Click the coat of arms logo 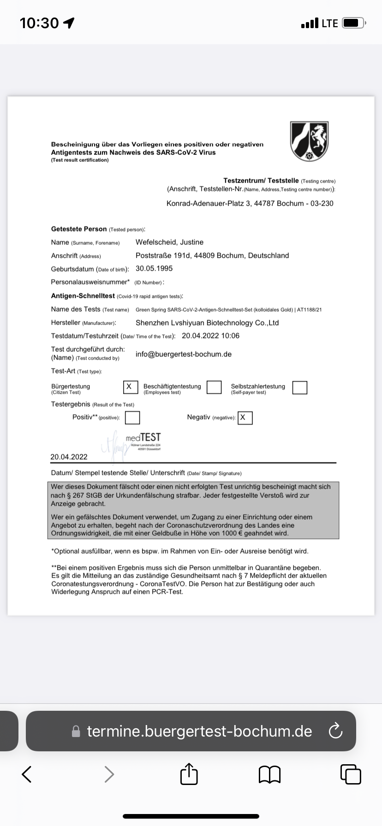click(309, 141)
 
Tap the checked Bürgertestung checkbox click(131, 387)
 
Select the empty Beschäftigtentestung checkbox click(214, 387)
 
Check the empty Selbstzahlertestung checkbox click(299, 387)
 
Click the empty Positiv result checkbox click(132, 417)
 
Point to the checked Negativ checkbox click(245, 418)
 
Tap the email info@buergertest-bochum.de click(184, 354)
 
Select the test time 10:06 click(230, 336)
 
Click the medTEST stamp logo click(143, 437)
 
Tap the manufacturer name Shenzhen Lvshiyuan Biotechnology click(207, 323)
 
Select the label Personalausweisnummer click(90, 282)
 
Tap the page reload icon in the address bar click(335, 731)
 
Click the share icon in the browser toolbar click(189, 774)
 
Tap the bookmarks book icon click(270, 774)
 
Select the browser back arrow click(27, 774)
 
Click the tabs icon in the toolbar click(351, 774)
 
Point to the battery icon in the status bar click(354, 23)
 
